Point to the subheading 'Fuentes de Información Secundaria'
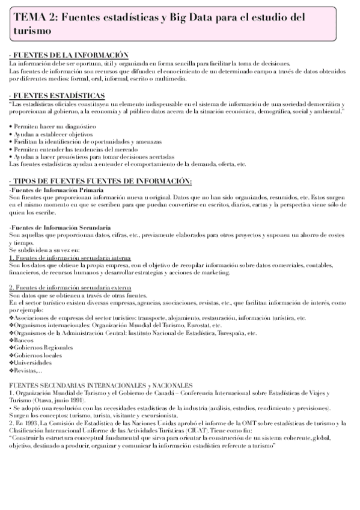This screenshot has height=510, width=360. click(60, 228)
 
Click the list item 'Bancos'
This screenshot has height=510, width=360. click(26, 340)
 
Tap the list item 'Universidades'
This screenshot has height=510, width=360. click(34, 363)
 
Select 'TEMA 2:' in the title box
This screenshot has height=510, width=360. click(34, 19)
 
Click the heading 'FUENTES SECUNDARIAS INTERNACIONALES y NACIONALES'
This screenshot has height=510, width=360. click(101, 384)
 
